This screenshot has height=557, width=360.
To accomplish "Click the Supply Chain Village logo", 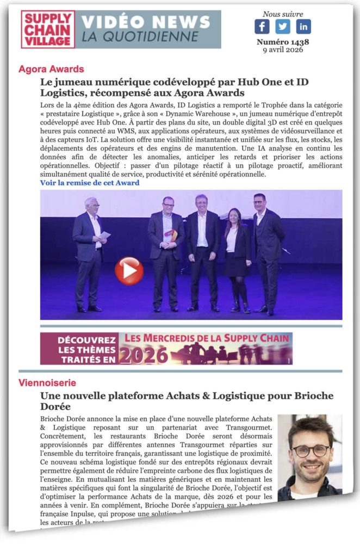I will click(x=48, y=29).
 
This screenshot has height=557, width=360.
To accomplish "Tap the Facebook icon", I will click(x=262, y=27).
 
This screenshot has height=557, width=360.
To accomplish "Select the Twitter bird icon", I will click(x=283, y=27).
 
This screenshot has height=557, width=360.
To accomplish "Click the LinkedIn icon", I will click(x=303, y=27).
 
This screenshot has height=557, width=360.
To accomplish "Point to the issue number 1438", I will click(x=283, y=42).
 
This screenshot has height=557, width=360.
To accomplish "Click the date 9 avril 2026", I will click(x=283, y=50).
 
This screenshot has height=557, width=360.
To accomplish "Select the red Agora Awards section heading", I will click(x=51, y=69).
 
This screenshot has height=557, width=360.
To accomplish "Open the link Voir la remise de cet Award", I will click(x=90, y=183).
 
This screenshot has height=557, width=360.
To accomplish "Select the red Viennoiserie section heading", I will click(x=47, y=383).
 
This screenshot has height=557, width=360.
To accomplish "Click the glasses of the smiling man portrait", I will click(x=311, y=450).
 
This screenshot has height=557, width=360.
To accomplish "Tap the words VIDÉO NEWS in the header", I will click(x=146, y=22).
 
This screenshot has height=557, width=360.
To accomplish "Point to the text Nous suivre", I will click(x=283, y=14).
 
